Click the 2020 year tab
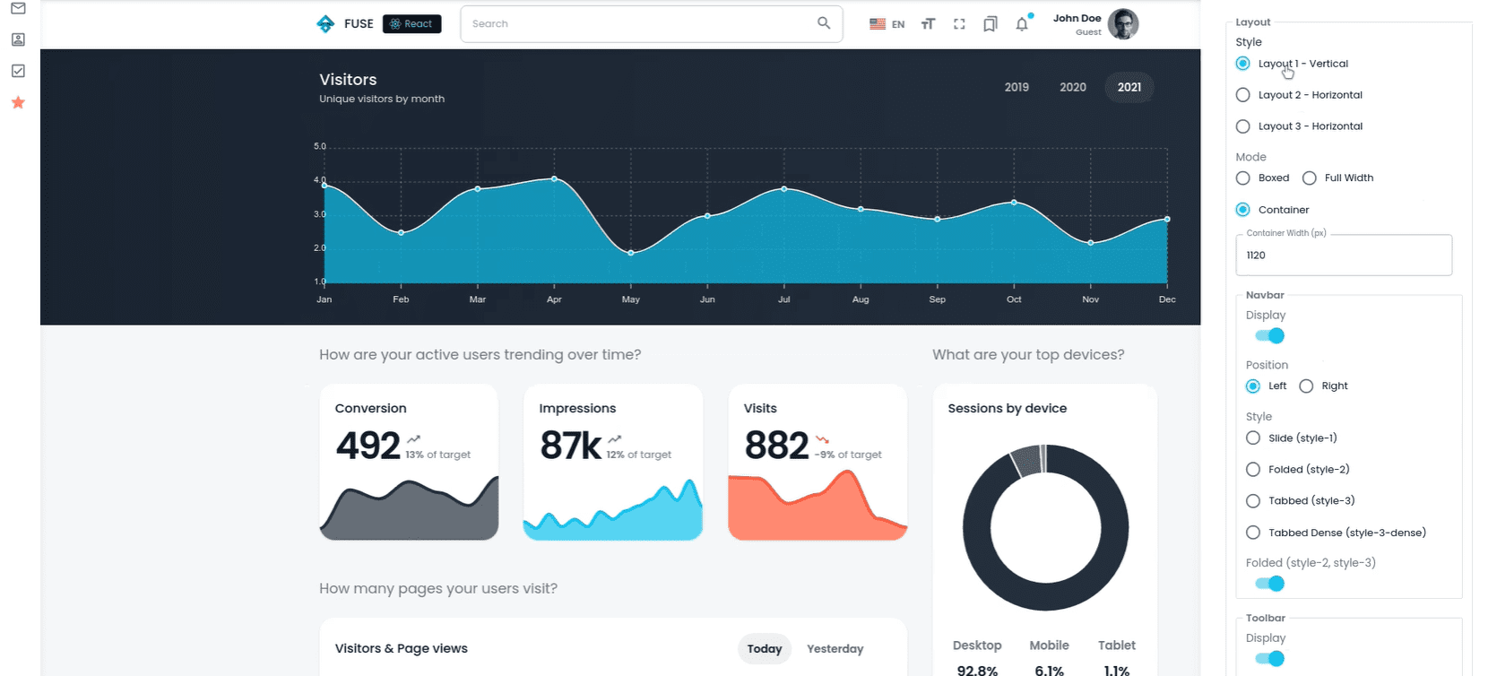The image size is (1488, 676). (1072, 87)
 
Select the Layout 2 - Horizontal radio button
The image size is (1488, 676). (1242, 95)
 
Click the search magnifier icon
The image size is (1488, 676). (823, 23)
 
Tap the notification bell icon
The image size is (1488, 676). (1022, 24)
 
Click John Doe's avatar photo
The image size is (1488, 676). (1122, 24)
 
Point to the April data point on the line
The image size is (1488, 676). (554, 179)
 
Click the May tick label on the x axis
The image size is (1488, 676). (630, 299)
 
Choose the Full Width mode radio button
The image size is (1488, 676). (1309, 178)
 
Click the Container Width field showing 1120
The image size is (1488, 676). (1343, 256)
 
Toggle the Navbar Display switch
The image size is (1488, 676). (1270, 336)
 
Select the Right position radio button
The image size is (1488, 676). (1306, 386)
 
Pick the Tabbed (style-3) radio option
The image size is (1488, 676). (1253, 501)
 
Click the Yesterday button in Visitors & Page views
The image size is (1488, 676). (835, 649)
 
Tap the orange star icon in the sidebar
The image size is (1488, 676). (18, 102)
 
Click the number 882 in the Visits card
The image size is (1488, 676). (776, 446)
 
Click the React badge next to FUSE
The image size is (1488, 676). (411, 24)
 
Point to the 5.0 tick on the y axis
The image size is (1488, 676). (320, 146)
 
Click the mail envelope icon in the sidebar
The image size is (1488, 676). (18, 8)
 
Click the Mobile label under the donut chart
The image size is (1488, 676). (1049, 646)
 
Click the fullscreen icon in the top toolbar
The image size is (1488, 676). (959, 24)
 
